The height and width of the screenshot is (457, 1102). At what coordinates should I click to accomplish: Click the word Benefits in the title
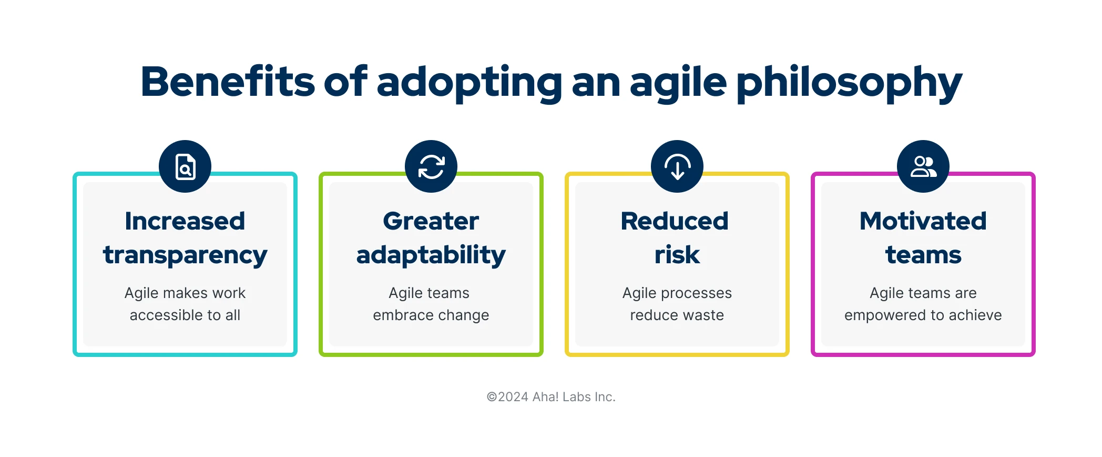(227, 82)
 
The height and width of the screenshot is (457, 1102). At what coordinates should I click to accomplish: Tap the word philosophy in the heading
(849, 83)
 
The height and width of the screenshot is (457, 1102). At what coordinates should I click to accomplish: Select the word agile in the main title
(678, 83)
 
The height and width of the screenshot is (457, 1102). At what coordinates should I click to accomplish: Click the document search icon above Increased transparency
(185, 167)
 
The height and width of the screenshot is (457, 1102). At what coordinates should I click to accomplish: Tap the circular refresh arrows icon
(431, 167)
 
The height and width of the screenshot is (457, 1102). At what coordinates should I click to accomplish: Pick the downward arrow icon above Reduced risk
(677, 167)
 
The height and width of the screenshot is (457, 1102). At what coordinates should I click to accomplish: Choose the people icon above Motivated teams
(923, 167)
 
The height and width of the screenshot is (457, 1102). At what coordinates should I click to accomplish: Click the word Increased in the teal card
(185, 221)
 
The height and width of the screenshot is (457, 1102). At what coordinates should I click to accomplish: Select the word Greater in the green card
(431, 221)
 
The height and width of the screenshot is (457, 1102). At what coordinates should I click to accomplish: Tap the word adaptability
(431, 255)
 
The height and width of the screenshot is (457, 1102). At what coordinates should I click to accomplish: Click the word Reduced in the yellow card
(675, 221)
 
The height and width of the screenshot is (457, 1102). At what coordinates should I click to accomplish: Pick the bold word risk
(677, 255)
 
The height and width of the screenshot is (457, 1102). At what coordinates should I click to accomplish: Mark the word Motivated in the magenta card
(923, 221)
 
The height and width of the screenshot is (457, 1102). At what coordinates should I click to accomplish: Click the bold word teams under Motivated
(923, 255)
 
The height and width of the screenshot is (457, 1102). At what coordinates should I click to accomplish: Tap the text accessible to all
(185, 315)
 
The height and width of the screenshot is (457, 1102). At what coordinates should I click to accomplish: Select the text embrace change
(431, 315)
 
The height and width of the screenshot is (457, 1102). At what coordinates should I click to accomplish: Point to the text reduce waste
(677, 315)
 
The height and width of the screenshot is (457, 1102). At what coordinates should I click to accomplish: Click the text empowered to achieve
(923, 315)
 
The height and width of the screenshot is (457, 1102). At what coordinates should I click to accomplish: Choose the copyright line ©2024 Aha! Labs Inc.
(551, 397)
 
